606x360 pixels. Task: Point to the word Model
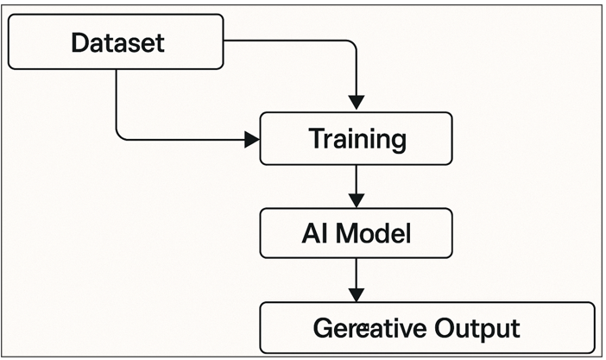click(x=371, y=233)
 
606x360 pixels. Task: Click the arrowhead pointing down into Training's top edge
click(x=355, y=103)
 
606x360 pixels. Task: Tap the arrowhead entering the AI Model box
click(x=355, y=199)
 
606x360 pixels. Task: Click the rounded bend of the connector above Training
click(x=350, y=44)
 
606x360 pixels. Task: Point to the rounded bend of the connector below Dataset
click(x=121, y=133)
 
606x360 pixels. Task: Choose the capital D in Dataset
click(x=79, y=42)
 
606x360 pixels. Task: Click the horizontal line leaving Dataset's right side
click(x=285, y=40)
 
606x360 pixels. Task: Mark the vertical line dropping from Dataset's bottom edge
click(x=116, y=99)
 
